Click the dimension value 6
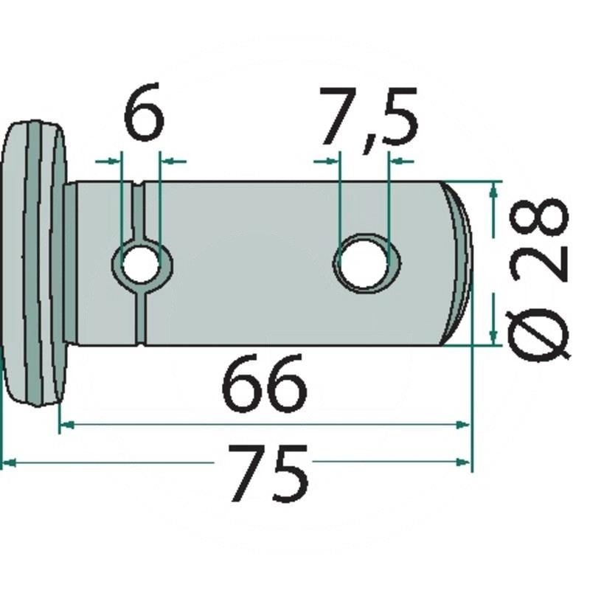(x=144, y=112)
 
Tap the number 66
(x=264, y=383)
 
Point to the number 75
(x=268, y=473)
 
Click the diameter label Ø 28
(x=538, y=280)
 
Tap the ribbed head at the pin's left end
(x=34, y=263)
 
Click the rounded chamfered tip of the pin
(x=457, y=263)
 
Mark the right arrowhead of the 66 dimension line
(x=463, y=426)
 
